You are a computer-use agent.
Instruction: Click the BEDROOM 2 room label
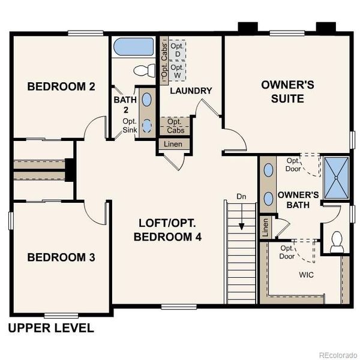[x=61, y=86]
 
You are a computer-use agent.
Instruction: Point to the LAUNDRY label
[x=191, y=91]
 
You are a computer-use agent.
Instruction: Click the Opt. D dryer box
[x=176, y=50]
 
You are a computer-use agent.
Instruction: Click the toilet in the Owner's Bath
[x=336, y=241]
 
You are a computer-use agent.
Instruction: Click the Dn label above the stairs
[x=241, y=196]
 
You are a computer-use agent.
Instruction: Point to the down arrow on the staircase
[x=241, y=225]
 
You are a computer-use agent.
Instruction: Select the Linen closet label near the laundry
[x=174, y=144]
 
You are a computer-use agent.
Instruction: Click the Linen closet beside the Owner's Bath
[x=265, y=227]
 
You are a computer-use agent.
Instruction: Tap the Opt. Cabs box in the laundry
[x=175, y=126]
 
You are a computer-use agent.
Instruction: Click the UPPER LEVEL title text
[x=51, y=328]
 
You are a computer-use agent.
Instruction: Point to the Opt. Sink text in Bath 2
[x=130, y=125]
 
